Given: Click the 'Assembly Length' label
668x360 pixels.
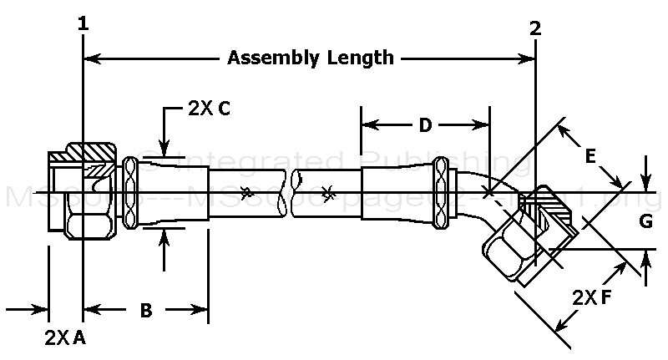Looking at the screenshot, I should tap(311, 58).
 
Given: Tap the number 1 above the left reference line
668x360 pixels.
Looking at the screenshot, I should tap(83, 25).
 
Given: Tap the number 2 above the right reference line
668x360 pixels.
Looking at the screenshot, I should tap(535, 27).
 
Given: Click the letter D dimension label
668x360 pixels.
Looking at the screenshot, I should tap(425, 126).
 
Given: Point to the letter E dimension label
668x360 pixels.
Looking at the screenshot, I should tap(590, 155).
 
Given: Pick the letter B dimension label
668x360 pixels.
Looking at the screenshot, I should tap(145, 311).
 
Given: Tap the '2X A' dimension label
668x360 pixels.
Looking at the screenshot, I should tap(65, 337).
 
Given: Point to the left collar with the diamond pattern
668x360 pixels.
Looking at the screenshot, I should tap(130, 194).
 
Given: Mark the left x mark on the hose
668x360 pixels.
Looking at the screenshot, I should tap(245, 194).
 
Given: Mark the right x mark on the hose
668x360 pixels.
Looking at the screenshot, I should tap(328, 194).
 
